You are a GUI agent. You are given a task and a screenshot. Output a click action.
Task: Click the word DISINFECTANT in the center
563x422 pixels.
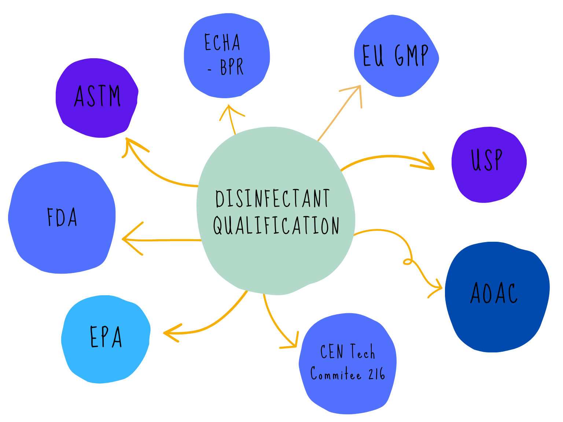tap(273, 199)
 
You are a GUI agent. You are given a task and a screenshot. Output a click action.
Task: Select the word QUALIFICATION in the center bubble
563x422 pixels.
tap(276, 225)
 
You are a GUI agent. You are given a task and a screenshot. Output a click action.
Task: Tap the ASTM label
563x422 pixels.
tap(97, 96)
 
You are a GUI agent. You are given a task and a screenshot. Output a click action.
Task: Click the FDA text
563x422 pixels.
tap(62, 217)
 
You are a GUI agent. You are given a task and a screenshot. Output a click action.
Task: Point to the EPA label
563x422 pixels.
tap(106, 337)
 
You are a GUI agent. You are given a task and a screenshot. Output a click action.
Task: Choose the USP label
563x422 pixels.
tap(487, 160)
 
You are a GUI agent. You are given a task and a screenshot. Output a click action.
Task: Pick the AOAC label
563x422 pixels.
tap(494, 293)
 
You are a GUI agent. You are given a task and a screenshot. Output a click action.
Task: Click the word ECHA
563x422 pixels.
tap(222, 42)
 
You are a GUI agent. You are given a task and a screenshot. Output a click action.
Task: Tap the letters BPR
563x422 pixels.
tap(232, 67)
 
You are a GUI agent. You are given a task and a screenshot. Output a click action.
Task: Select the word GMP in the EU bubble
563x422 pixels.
tap(412, 56)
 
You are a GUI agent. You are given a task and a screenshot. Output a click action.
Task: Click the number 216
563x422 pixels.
tap(377, 374)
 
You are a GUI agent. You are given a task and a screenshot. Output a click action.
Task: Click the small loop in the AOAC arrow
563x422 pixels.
tap(408, 261)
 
